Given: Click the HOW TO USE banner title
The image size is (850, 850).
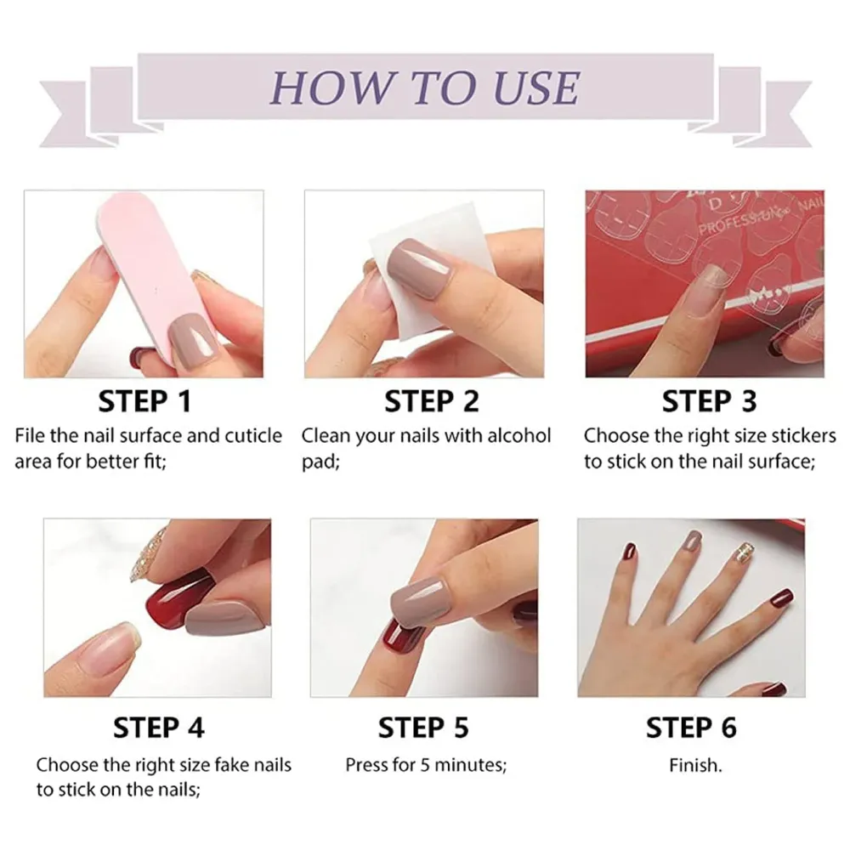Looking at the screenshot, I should pos(425,87).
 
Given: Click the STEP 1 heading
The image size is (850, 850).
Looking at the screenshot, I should pos(144,401).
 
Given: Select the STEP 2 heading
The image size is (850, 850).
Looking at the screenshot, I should pos(431,401).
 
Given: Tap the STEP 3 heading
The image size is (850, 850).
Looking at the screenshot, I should pos(709,401).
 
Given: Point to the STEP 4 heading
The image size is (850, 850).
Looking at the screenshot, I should pos(158,728).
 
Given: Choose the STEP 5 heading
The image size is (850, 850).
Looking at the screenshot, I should pos(423,728).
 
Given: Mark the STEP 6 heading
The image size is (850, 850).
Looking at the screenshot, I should pos(691,728).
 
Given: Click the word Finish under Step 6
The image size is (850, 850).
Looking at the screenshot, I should pos(694,765).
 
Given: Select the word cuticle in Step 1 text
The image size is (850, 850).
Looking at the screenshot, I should pos(252,436).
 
